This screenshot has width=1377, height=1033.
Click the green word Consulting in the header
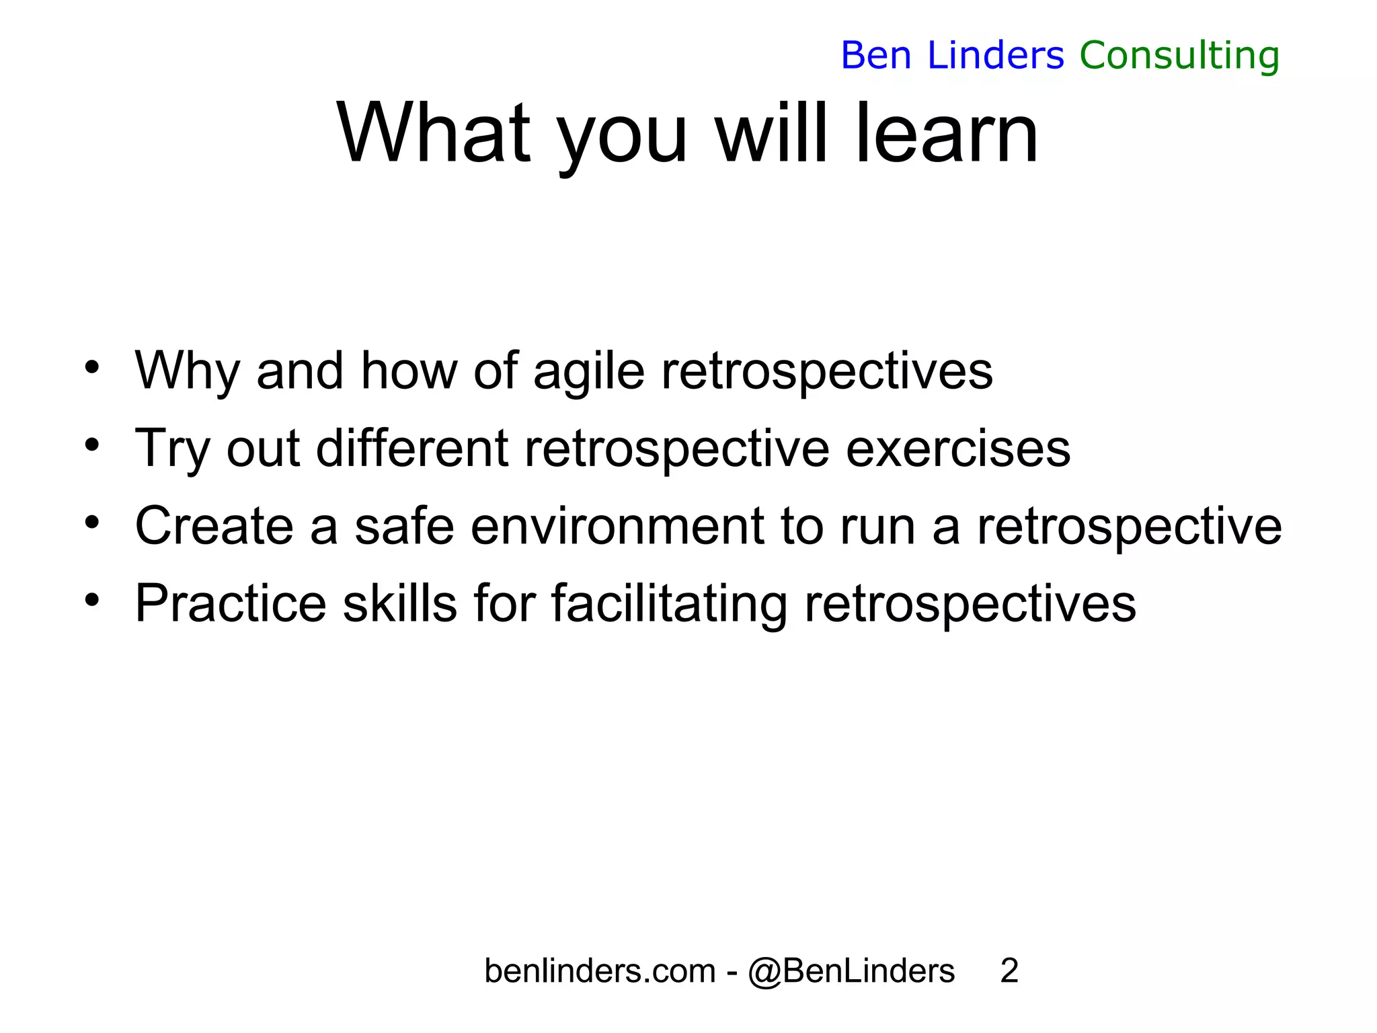(x=1179, y=56)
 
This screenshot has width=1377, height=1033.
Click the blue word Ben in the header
(x=875, y=55)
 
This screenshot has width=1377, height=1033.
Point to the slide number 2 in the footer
(x=1009, y=971)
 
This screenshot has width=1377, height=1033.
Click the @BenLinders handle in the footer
(x=851, y=971)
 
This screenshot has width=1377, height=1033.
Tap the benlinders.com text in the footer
(x=600, y=971)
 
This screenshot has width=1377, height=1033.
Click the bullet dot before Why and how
(x=92, y=367)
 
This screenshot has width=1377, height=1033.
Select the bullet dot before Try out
(x=92, y=445)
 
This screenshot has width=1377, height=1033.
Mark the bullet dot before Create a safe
(x=92, y=522)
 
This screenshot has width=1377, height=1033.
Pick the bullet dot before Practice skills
(x=92, y=599)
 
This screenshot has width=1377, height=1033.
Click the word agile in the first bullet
(x=588, y=371)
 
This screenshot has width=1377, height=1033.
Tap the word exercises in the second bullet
(x=957, y=449)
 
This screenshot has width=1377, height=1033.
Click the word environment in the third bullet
(x=617, y=526)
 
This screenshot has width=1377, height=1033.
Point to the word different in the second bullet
(x=411, y=449)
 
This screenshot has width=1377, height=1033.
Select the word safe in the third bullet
(x=404, y=526)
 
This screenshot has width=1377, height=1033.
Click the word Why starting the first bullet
(x=187, y=371)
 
